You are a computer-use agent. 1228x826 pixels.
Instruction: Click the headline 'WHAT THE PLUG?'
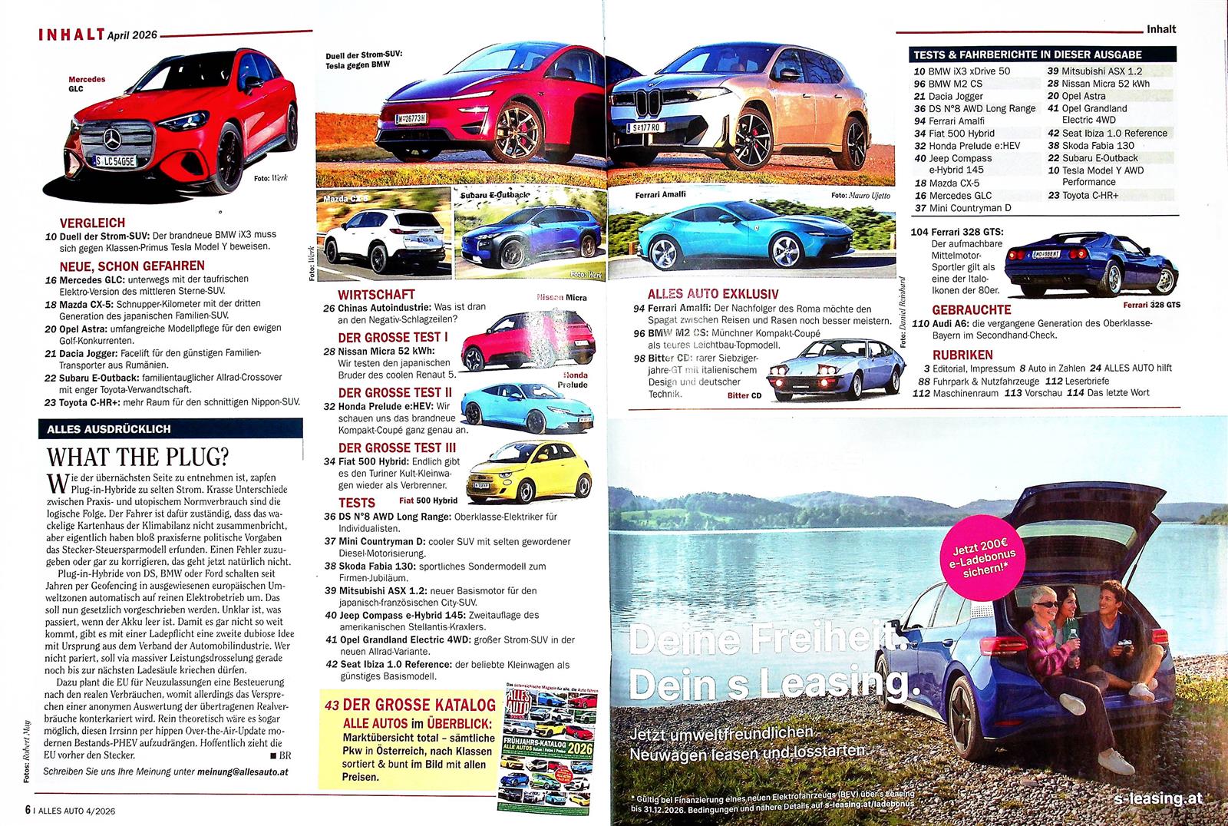click(x=138, y=457)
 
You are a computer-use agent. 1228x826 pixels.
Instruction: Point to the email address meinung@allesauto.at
click(x=243, y=771)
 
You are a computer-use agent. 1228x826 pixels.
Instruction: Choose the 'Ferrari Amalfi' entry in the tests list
click(x=949, y=121)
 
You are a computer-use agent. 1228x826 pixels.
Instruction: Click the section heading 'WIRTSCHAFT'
click(x=376, y=294)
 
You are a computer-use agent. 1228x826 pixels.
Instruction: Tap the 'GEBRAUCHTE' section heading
click(x=972, y=309)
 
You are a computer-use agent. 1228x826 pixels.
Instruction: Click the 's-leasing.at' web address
click(x=1157, y=798)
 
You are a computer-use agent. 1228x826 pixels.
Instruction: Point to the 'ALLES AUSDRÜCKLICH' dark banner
click(x=170, y=429)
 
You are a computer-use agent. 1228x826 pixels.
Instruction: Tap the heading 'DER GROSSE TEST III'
click(x=397, y=448)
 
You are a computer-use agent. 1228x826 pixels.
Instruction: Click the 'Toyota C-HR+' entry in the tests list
click(x=1090, y=195)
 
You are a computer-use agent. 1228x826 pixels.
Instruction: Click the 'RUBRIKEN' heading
click(x=962, y=355)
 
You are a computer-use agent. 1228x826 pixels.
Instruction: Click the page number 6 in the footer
click(x=28, y=809)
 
